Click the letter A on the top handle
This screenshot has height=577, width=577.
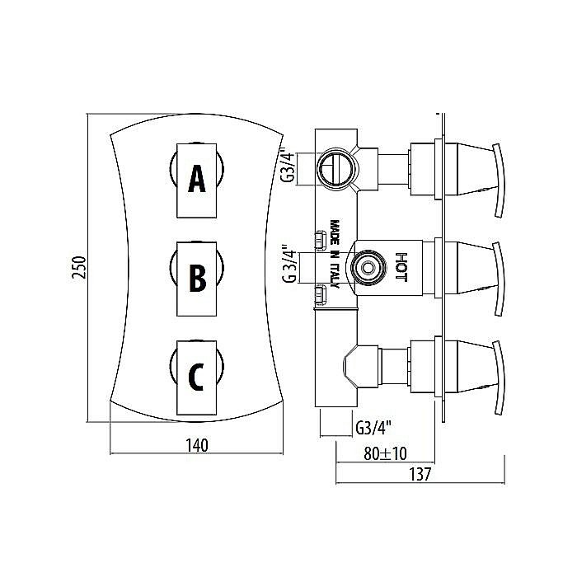point(197,179)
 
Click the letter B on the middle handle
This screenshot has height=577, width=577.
point(198,278)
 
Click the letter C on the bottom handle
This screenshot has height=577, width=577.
point(196,377)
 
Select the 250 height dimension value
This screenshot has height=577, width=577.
point(79,268)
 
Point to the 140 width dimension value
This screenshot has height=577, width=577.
point(197,445)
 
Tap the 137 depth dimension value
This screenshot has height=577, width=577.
point(420,474)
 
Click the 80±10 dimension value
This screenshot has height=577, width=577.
point(385,453)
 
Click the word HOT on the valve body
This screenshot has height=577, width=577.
point(401,267)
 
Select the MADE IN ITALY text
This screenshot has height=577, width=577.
point(335,254)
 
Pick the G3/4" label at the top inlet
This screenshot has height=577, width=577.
point(288,165)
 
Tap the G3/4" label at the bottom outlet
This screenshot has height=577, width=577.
point(373,428)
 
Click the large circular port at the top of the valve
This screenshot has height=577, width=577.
point(337,168)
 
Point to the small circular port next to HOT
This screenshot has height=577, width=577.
point(368,268)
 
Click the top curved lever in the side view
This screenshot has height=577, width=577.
point(498,181)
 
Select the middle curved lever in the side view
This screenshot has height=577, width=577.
point(498,279)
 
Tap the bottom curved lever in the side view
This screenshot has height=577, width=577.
point(498,378)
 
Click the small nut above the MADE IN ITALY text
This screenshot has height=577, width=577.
point(321,241)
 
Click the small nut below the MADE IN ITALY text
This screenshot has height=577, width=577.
point(321,295)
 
